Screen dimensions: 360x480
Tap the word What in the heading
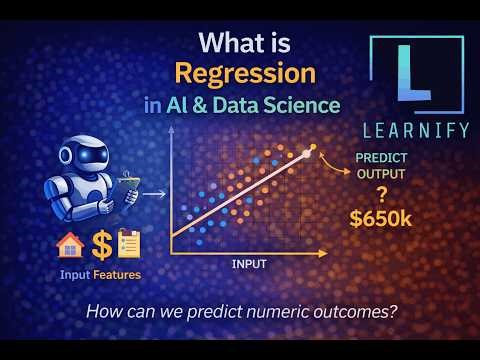227,44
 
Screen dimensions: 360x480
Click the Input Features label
99,274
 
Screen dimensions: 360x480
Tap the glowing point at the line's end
312,148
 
